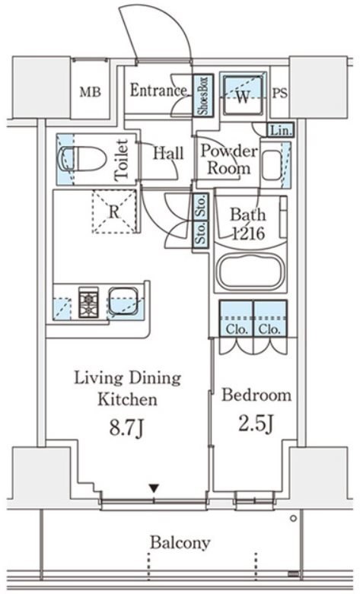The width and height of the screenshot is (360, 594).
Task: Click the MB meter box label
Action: (90, 92)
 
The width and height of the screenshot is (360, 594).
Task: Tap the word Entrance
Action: (158, 91)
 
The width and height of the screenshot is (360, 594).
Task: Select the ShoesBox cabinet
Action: (203, 95)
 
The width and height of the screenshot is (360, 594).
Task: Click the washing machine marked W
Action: (243, 95)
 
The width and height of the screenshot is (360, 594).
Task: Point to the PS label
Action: (280, 94)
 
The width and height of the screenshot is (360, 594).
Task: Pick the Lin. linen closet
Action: (281, 130)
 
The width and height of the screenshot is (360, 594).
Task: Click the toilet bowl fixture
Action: (81, 159)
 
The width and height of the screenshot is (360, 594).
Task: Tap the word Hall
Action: (168, 153)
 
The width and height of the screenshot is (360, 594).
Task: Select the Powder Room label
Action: (229, 160)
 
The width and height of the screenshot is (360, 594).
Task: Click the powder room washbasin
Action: (272, 165)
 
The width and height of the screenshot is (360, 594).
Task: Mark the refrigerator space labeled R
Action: (114, 211)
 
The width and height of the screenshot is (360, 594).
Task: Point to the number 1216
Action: (248, 233)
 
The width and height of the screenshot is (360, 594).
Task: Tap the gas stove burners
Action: (88, 302)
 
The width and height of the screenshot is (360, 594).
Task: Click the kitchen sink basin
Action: (123, 300)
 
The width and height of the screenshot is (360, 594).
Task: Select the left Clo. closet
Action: (237, 318)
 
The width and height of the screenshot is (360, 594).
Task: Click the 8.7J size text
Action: (126, 428)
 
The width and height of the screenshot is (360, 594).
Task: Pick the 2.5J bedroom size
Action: (256, 424)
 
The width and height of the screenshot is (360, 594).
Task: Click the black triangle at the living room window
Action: (154, 488)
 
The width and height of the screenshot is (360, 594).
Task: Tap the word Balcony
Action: (180, 543)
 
